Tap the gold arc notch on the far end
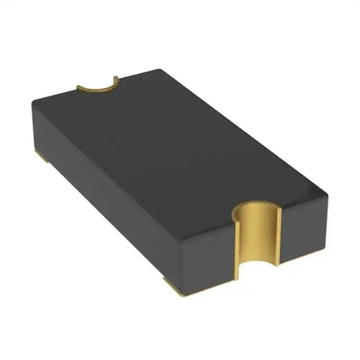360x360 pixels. pos(98,85)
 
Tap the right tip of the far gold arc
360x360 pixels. pos(117,78)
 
